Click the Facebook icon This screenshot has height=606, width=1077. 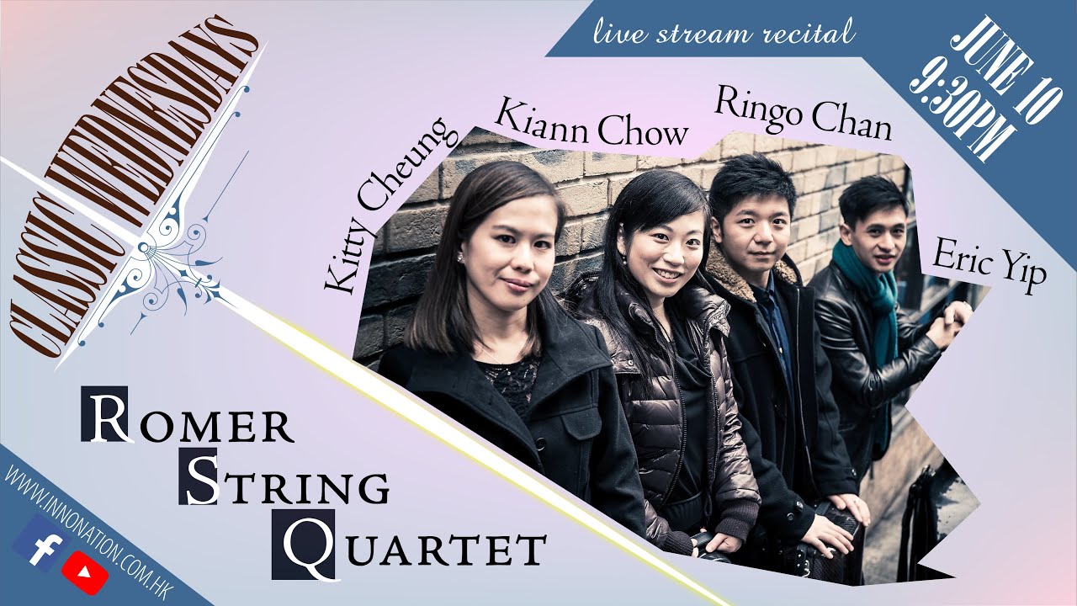click(38, 543)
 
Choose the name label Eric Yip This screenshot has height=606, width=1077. click(989, 266)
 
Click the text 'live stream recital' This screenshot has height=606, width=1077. click(724, 34)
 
